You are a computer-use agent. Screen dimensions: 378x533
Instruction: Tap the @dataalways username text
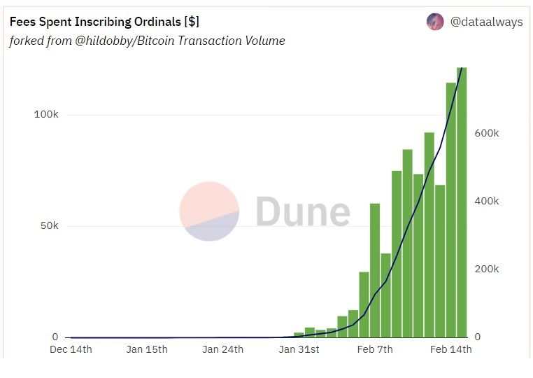click(x=486, y=22)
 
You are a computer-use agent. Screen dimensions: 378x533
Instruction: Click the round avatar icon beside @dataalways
click(x=435, y=22)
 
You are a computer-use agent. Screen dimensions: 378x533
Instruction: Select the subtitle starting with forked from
click(x=147, y=41)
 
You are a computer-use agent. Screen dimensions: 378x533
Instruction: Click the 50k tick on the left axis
click(x=50, y=226)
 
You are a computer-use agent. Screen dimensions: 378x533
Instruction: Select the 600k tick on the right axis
click(x=487, y=133)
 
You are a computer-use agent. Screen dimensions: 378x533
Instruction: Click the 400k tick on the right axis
click(x=487, y=201)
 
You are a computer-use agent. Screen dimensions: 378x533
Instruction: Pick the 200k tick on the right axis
click(x=487, y=269)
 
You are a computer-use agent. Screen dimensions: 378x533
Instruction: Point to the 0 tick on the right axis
click(x=478, y=337)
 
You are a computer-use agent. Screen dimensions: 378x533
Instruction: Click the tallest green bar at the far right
click(x=461, y=203)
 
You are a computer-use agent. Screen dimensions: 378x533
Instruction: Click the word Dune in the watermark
click(x=302, y=211)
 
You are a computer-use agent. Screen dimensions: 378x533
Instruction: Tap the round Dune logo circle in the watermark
click(x=209, y=211)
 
